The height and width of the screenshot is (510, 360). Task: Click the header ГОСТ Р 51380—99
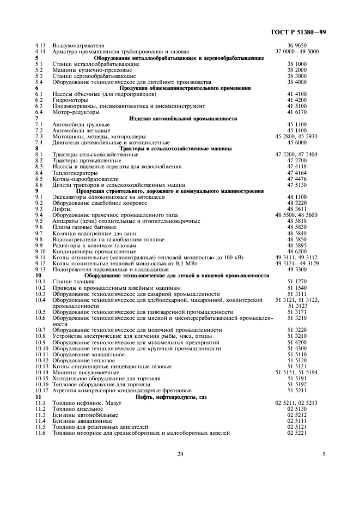301,33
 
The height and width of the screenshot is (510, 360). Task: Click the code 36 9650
297,45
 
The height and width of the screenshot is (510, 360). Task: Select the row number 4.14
39,51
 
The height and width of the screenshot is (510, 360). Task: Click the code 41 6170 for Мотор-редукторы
297,112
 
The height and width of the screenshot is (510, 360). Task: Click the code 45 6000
297,142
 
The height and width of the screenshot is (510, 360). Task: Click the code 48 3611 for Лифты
297,209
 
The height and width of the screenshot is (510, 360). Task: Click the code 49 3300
297,270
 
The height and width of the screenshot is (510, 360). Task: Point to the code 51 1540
297,288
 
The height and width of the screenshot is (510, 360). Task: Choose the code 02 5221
297,433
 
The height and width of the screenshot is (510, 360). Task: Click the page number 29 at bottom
180,454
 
